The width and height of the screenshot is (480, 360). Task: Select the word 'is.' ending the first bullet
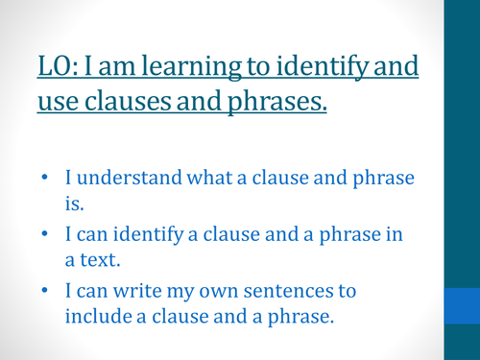pos(76,203)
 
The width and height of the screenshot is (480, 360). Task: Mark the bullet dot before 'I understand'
pos(45,179)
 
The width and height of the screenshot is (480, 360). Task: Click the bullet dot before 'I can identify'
pos(45,236)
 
